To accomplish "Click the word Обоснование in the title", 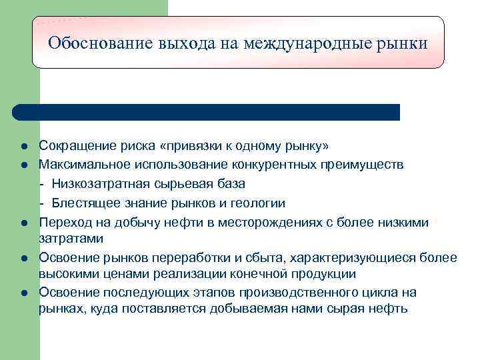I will click(x=100, y=44).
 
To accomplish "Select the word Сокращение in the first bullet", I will click(x=73, y=145).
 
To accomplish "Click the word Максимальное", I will click(x=83, y=164).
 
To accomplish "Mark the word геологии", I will click(x=258, y=203).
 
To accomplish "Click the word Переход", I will click(x=62, y=222).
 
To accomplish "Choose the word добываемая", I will click(x=244, y=309).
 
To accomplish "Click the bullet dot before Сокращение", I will click(x=24, y=146).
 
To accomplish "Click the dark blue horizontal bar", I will click(x=207, y=112).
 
